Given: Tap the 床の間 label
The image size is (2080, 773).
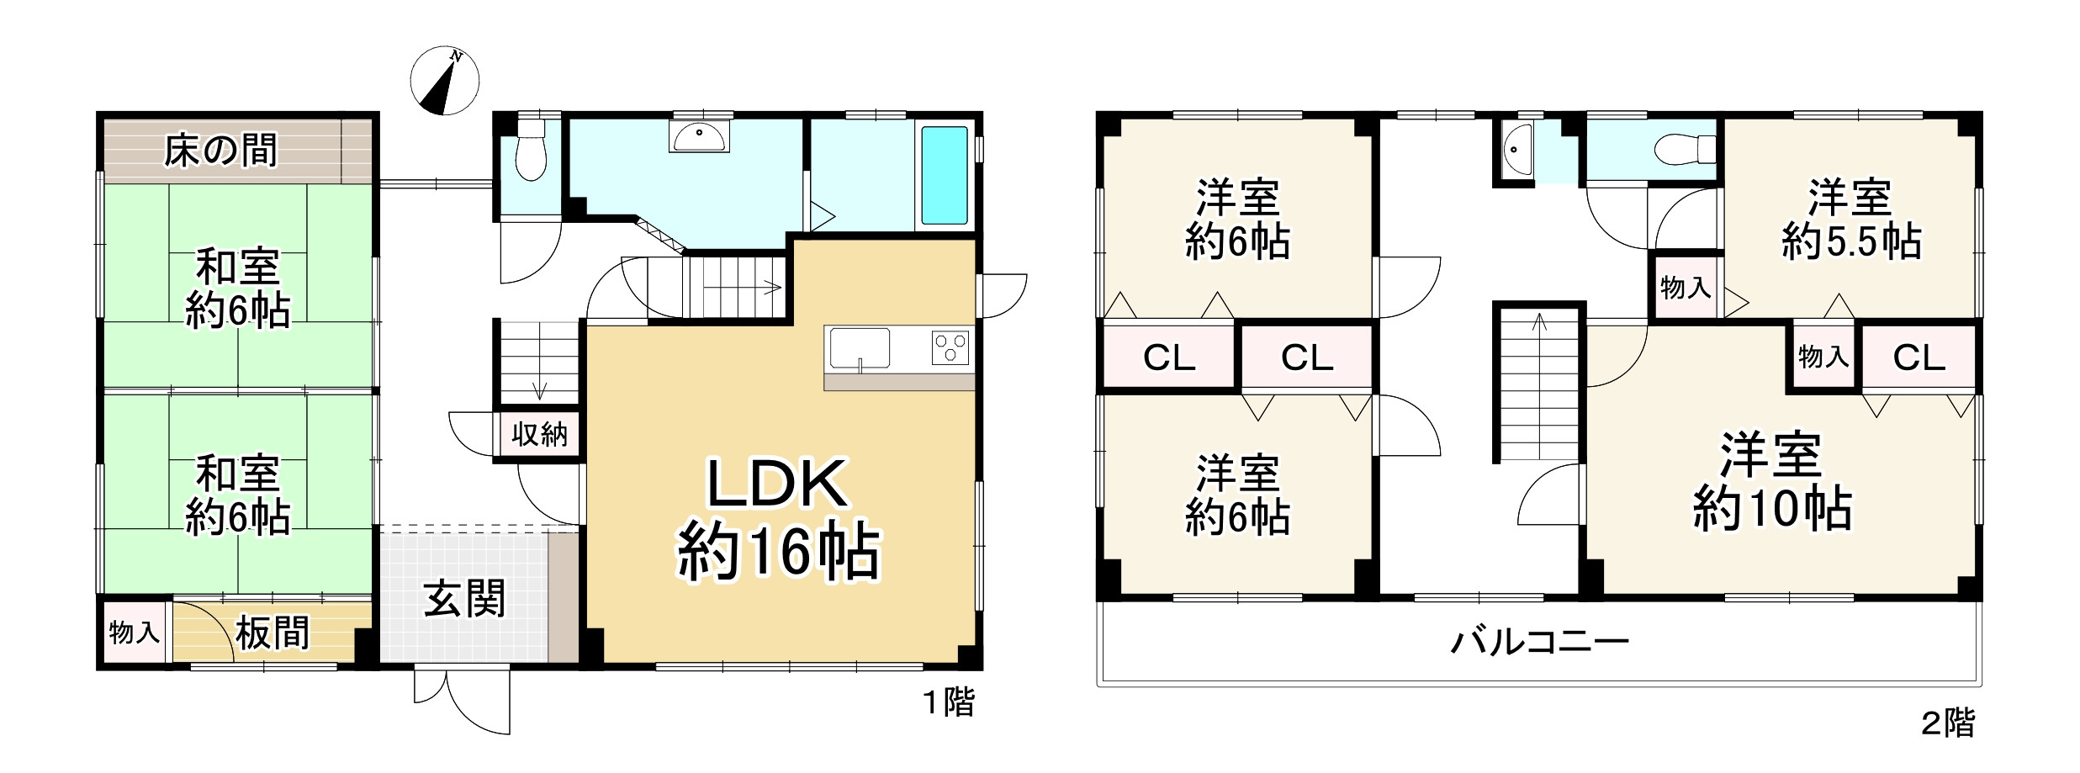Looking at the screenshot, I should (x=220, y=152).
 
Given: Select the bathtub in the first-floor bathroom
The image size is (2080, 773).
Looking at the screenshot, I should (x=944, y=175).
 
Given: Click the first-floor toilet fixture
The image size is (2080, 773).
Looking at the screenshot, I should (x=530, y=151).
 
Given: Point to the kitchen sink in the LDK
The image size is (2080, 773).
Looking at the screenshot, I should (x=859, y=348).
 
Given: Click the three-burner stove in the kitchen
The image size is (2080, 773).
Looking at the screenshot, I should (x=950, y=347).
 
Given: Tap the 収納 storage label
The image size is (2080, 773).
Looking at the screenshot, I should (x=539, y=435).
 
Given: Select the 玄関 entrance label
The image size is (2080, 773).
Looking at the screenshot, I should (x=463, y=601).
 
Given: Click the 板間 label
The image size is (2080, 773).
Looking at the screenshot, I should (x=272, y=633).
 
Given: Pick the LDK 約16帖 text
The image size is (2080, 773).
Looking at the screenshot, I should (x=777, y=520).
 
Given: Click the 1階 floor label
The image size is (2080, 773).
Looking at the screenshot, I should (x=949, y=703).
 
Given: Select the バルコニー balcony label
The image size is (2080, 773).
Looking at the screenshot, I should (x=1540, y=643).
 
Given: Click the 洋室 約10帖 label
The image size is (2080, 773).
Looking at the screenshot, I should (x=1771, y=483).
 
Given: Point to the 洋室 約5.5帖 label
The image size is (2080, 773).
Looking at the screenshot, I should (x=1850, y=220).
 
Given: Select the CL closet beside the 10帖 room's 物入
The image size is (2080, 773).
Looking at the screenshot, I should (x=1919, y=358).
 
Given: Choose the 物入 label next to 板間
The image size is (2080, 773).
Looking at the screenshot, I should (x=134, y=633).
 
